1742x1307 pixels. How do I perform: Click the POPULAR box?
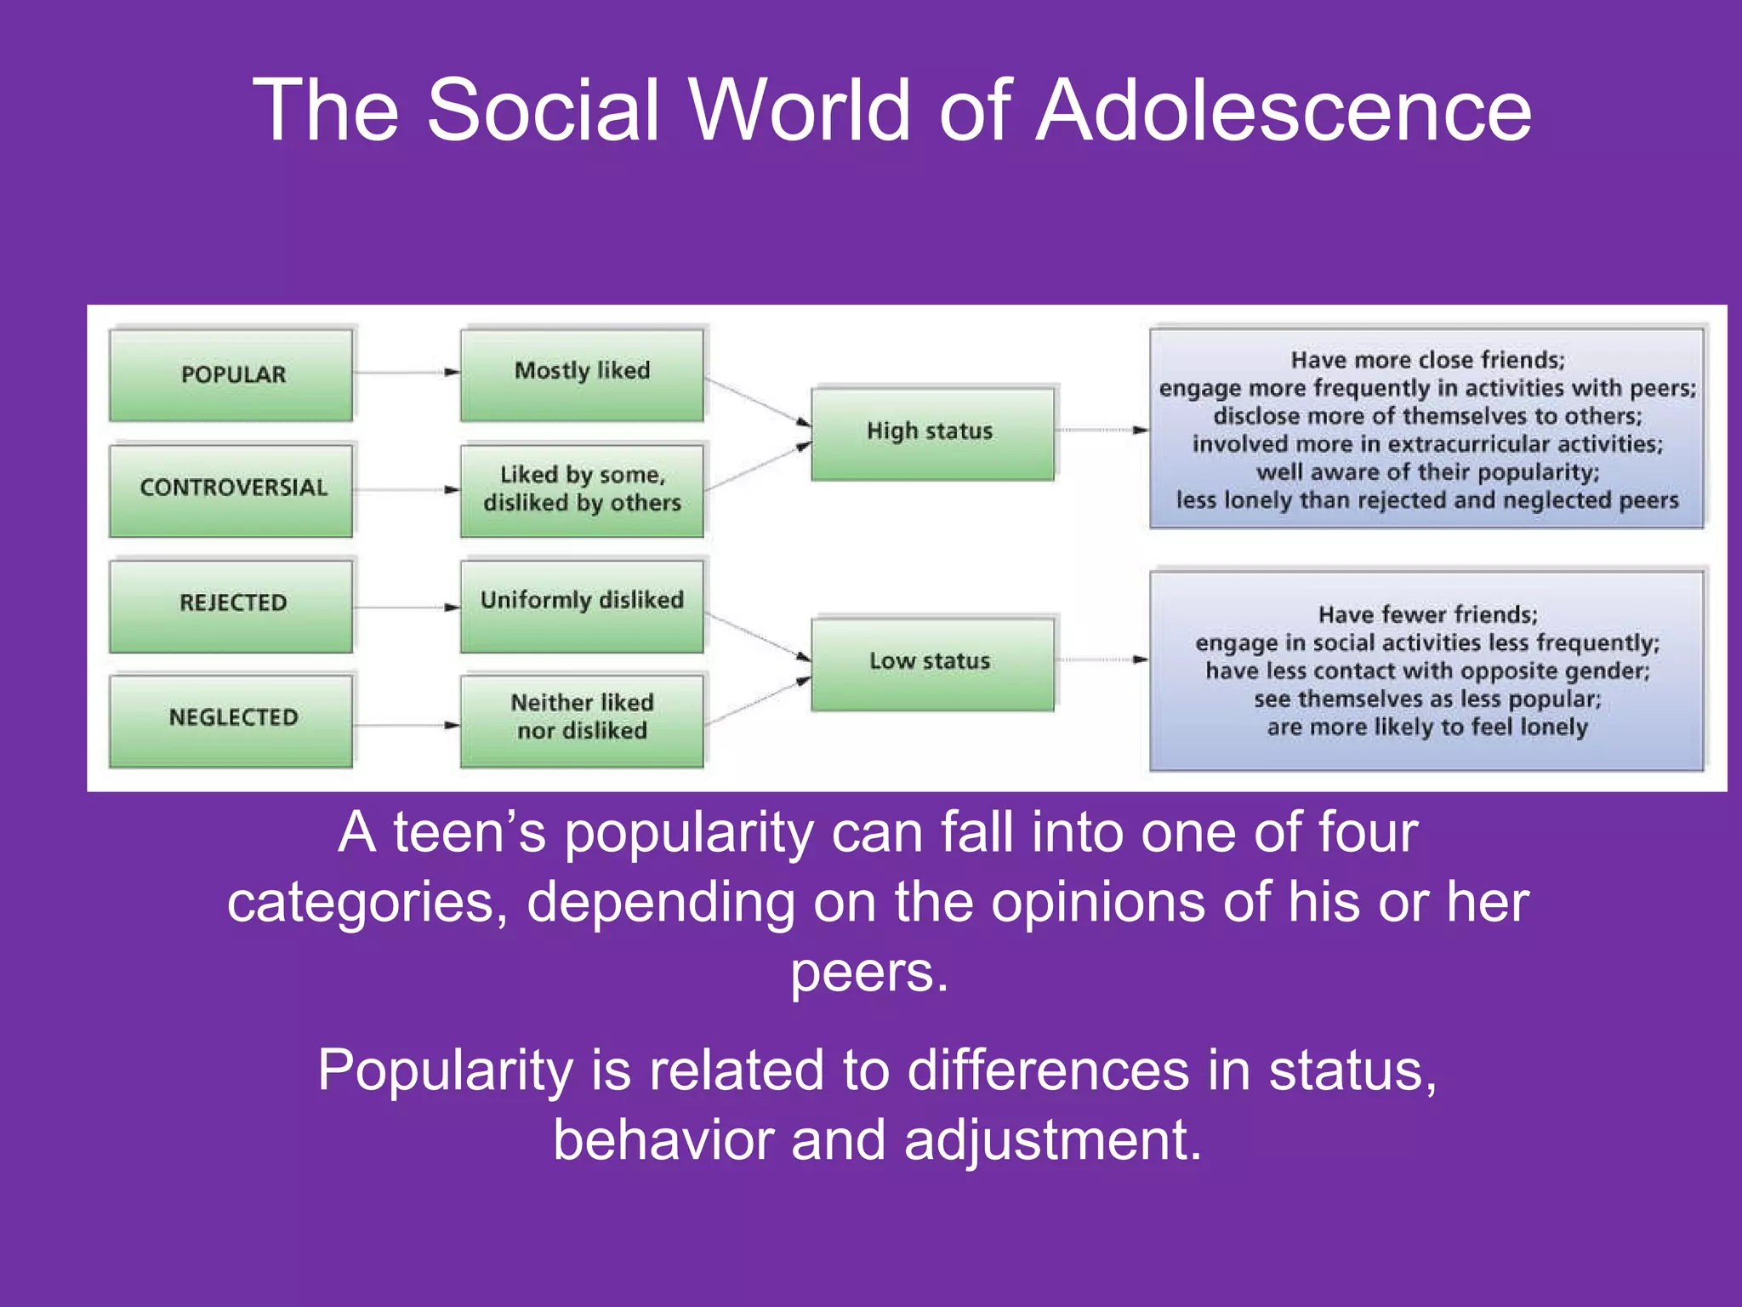coord(231,374)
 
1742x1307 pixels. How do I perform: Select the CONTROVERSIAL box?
coord(231,489)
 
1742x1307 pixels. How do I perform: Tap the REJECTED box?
coord(231,604)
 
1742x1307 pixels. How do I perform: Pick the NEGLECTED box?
coord(231,719)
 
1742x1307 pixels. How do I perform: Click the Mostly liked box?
coord(582,374)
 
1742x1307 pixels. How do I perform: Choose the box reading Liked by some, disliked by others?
coord(582,489)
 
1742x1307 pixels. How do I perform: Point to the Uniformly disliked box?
coord(582,604)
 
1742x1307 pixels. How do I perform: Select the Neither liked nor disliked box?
coord(582,719)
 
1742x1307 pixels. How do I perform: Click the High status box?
coord(932,433)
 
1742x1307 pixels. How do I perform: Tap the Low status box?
coord(932,663)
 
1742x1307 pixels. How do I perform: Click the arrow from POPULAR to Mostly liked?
coord(407,372)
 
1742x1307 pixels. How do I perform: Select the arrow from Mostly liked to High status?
coord(757,402)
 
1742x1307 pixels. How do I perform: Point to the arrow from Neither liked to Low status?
coord(757,702)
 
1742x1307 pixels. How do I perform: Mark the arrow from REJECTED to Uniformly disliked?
coord(407,608)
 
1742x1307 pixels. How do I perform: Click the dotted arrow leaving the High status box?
coord(1102,431)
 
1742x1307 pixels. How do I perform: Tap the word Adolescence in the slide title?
coord(1284,111)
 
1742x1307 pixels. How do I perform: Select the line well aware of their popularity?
coord(1427,472)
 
